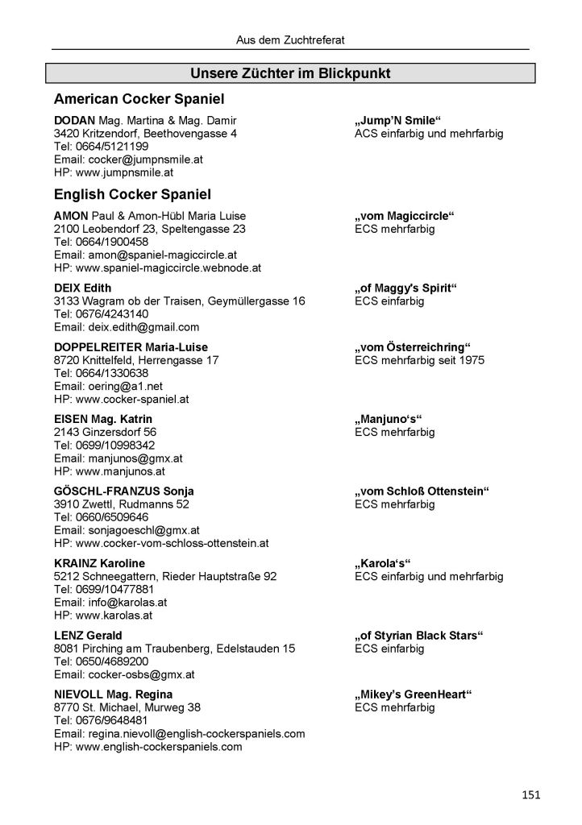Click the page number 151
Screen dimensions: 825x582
click(x=530, y=795)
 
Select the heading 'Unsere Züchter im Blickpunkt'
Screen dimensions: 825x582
click(x=290, y=74)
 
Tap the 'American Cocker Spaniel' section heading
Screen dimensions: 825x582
click(x=138, y=99)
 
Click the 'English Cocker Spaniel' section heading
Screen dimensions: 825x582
click(x=132, y=195)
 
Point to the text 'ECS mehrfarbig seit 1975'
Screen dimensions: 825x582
click(x=419, y=360)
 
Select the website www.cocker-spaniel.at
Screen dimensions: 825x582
click(x=121, y=399)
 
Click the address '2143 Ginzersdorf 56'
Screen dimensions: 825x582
click(x=105, y=432)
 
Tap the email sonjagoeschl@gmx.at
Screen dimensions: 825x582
click(x=127, y=530)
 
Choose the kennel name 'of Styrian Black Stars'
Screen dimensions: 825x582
click(x=418, y=636)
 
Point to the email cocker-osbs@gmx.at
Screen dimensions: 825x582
click(x=124, y=674)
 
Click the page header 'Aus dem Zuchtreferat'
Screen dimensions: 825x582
click(x=291, y=39)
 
